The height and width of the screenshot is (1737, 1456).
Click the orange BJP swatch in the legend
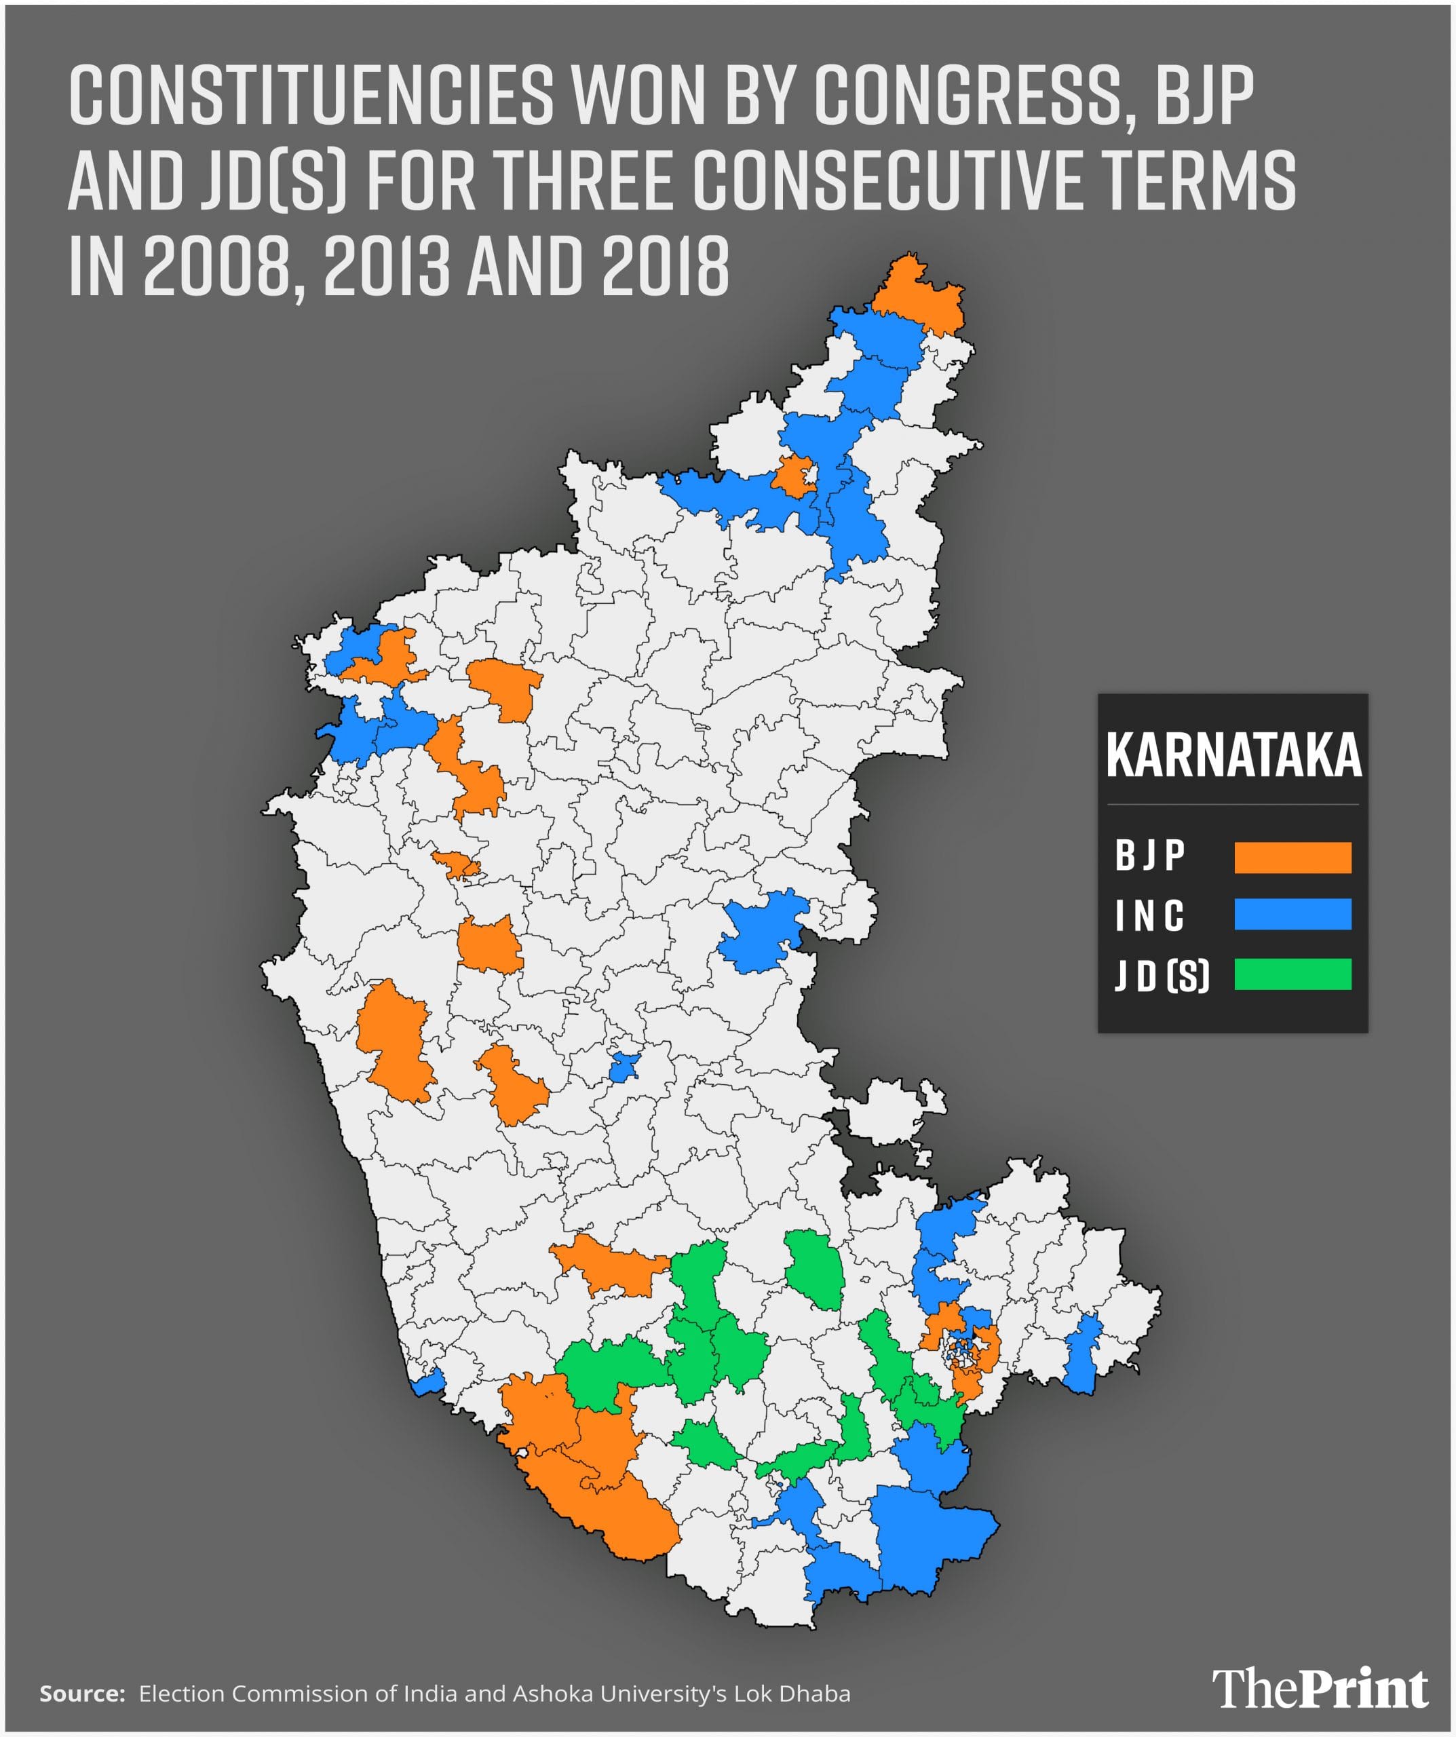(x=1292, y=858)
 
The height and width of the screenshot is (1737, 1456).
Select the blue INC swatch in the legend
(x=1292, y=915)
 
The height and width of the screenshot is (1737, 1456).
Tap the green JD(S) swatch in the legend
(x=1292, y=974)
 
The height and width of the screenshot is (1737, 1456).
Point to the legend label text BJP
(x=1150, y=856)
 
